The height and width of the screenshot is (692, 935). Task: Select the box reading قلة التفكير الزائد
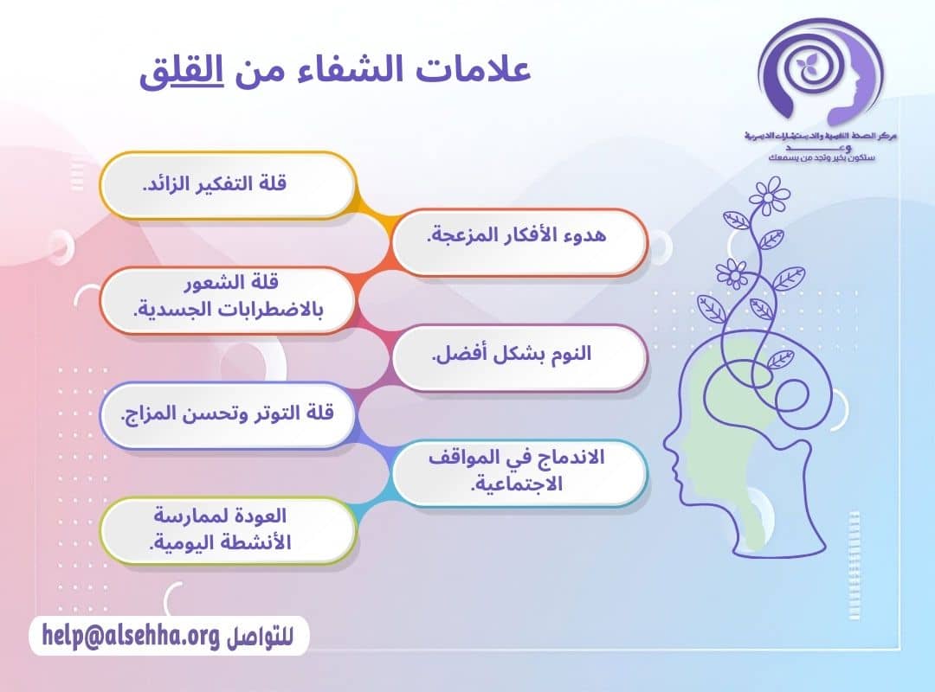229,184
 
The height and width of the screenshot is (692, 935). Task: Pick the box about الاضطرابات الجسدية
229,298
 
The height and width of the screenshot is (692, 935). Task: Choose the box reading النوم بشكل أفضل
519,356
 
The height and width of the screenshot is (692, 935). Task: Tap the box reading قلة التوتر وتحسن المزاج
229,413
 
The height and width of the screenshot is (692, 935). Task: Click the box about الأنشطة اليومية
229,529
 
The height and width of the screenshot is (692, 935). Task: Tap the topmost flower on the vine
770,196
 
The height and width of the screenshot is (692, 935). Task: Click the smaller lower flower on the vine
732,274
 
